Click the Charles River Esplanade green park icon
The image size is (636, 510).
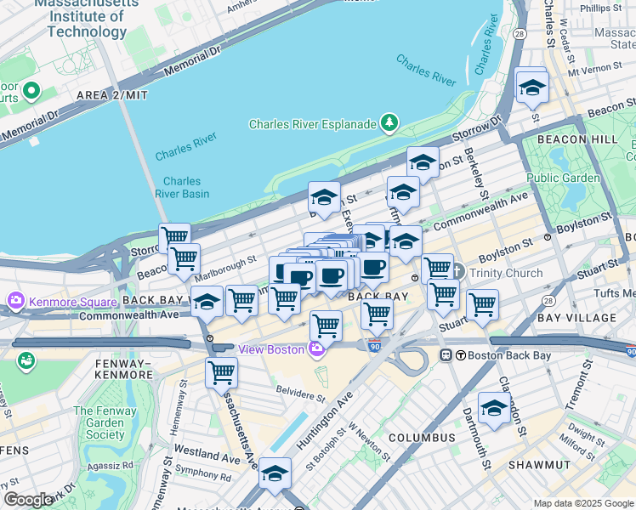pyautogui.click(x=389, y=124)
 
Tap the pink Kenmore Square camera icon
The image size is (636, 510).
pyautogui.click(x=16, y=301)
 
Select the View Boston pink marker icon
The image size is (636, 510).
pyautogui.click(x=316, y=348)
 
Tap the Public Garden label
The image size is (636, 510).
pyautogui.click(x=563, y=178)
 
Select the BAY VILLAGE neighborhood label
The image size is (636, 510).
pyautogui.click(x=574, y=317)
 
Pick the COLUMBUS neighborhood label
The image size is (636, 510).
pyautogui.click(x=422, y=438)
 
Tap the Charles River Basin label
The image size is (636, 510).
pyautogui.click(x=182, y=187)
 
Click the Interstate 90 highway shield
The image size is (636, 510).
pyautogui.click(x=375, y=345)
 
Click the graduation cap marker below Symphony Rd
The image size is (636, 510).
pyautogui.click(x=275, y=477)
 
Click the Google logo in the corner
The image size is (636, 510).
pyautogui.click(x=28, y=500)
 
